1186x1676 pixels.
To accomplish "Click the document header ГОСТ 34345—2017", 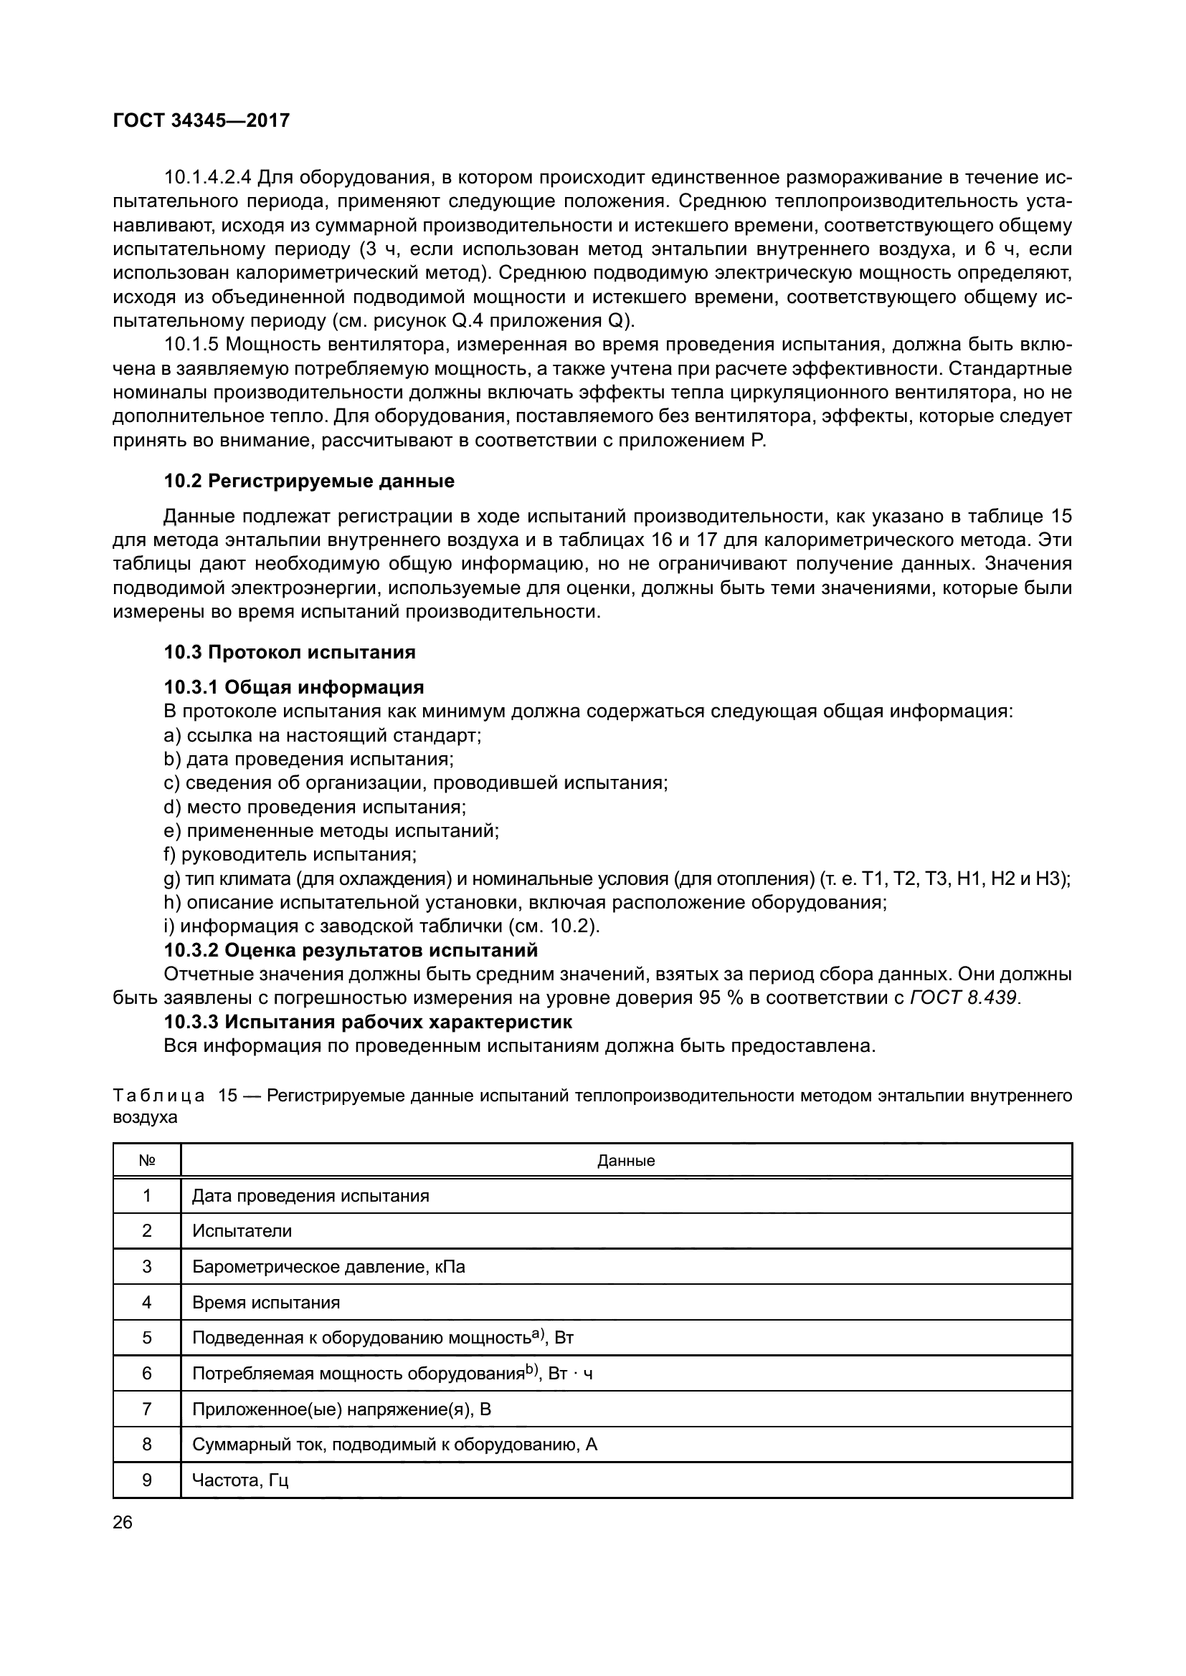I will pyautogui.click(x=201, y=120).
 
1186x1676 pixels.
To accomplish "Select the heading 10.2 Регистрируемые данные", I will pyautogui.click(x=308, y=481).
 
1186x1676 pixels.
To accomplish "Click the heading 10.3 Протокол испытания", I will pyautogui.click(x=289, y=652).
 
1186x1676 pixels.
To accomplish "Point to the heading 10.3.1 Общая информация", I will pyautogui.click(x=293, y=687).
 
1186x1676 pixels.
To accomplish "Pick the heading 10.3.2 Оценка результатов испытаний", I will pyautogui.click(x=351, y=949).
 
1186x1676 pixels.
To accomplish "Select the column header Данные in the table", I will pyautogui.click(x=626, y=1161).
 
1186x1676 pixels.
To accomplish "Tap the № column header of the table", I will pyautogui.click(x=147, y=1161).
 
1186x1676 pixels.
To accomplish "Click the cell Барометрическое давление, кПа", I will pyautogui.click(x=328, y=1266).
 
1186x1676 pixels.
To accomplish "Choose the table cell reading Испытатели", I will pyautogui.click(x=242, y=1231).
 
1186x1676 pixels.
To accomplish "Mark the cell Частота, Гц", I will pyautogui.click(x=240, y=1480).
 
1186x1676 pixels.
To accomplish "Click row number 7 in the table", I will pyautogui.click(x=147, y=1409).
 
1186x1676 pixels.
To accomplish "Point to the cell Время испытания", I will pyautogui.click(x=266, y=1302).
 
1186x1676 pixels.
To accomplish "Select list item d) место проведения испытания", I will pyautogui.click(x=315, y=807).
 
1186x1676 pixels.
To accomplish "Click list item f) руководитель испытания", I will pyautogui.click(x=290, y=854).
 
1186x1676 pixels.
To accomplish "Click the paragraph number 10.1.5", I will pyautogui.click(x=191, y=345).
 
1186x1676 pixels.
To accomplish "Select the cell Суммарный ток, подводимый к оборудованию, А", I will pyautogui.click(x=394, y=1444).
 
